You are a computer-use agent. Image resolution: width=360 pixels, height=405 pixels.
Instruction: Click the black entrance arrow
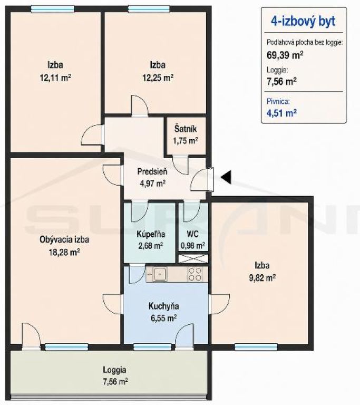[x=226, y=177]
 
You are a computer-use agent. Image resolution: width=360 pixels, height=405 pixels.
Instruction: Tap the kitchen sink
[x=160, y=274]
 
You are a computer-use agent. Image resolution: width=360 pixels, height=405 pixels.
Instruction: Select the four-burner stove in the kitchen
[x=194, y=274]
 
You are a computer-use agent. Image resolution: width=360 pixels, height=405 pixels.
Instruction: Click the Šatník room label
[x=186, y=129]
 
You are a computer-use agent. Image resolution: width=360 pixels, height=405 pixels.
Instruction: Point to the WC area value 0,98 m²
[x=193, y=246]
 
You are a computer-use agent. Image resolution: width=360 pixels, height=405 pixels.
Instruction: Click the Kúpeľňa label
[x=151, y=234]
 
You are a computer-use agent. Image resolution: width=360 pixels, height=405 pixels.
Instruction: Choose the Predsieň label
[x=152, y=171]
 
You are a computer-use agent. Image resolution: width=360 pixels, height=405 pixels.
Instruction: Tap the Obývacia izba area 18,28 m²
[x=64, y=252]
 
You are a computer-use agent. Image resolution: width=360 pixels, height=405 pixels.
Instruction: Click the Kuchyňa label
[x=164, y=306]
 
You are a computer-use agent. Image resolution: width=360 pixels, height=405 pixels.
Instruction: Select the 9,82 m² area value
[x=262, y=278]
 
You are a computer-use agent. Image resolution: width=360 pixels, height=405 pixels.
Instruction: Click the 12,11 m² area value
[x=55, y=77]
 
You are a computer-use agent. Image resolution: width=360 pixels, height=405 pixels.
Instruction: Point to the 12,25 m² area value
[x=158, y=77]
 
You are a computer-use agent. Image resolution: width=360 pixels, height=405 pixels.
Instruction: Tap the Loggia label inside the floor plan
[x=115, y=370]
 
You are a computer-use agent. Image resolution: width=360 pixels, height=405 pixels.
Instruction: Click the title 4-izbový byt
[x=303, y=21]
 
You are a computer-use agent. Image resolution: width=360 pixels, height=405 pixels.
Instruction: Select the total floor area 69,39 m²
[x=285, y=55]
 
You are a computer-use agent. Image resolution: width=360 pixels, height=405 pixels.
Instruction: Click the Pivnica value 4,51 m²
[x=281, y=113]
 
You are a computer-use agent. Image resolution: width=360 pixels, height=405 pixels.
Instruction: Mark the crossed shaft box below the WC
[x=193, y=259]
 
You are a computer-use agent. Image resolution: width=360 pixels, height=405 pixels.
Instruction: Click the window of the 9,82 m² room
[x=256, y=347]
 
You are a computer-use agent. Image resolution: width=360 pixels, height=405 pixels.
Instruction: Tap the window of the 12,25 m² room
[x=149, y=9]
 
